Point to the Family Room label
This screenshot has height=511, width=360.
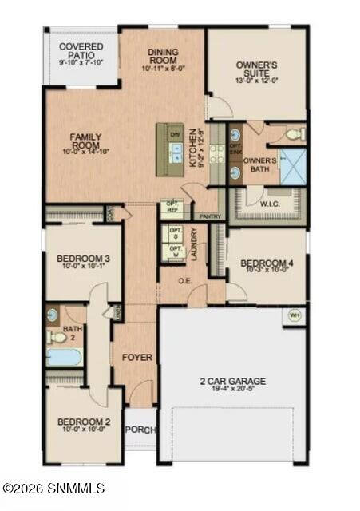pos(85,141)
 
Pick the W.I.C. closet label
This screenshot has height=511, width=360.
pos(268,203)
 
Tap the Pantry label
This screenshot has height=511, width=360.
pos(209,216)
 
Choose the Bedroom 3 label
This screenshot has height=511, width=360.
pos(83,259)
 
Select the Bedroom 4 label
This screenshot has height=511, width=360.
pos(267,263)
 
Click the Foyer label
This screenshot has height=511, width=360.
pos(136,357)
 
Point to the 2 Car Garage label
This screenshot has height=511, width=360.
pos(232,381)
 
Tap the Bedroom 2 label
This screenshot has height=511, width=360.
pos(83,422)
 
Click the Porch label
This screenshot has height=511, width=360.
pos(140,430)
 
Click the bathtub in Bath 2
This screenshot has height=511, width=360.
pos(64,356)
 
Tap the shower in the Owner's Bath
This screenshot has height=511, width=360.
pos(291,165)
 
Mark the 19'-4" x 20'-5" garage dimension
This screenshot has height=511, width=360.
pos(232,390)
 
